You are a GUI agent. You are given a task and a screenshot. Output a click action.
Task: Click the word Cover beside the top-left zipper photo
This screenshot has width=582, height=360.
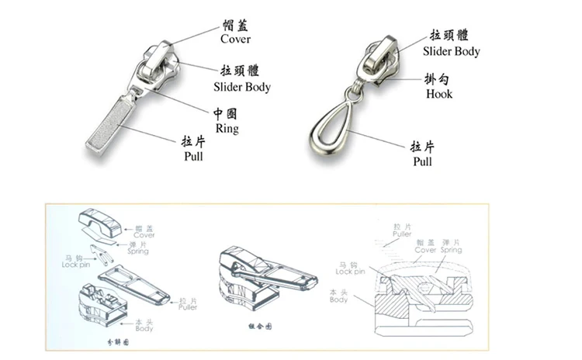[235, 39]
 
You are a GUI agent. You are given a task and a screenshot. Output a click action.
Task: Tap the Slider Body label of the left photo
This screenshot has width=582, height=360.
[241, 87]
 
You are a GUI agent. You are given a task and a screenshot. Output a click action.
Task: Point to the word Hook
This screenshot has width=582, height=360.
[439, 94]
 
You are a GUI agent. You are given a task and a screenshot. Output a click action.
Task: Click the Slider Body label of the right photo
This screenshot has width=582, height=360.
[451, 51]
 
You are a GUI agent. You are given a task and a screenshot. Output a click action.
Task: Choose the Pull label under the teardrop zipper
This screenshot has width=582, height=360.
[422, 161]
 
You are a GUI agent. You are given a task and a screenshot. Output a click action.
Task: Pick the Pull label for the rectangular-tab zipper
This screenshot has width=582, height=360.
[193, 157]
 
